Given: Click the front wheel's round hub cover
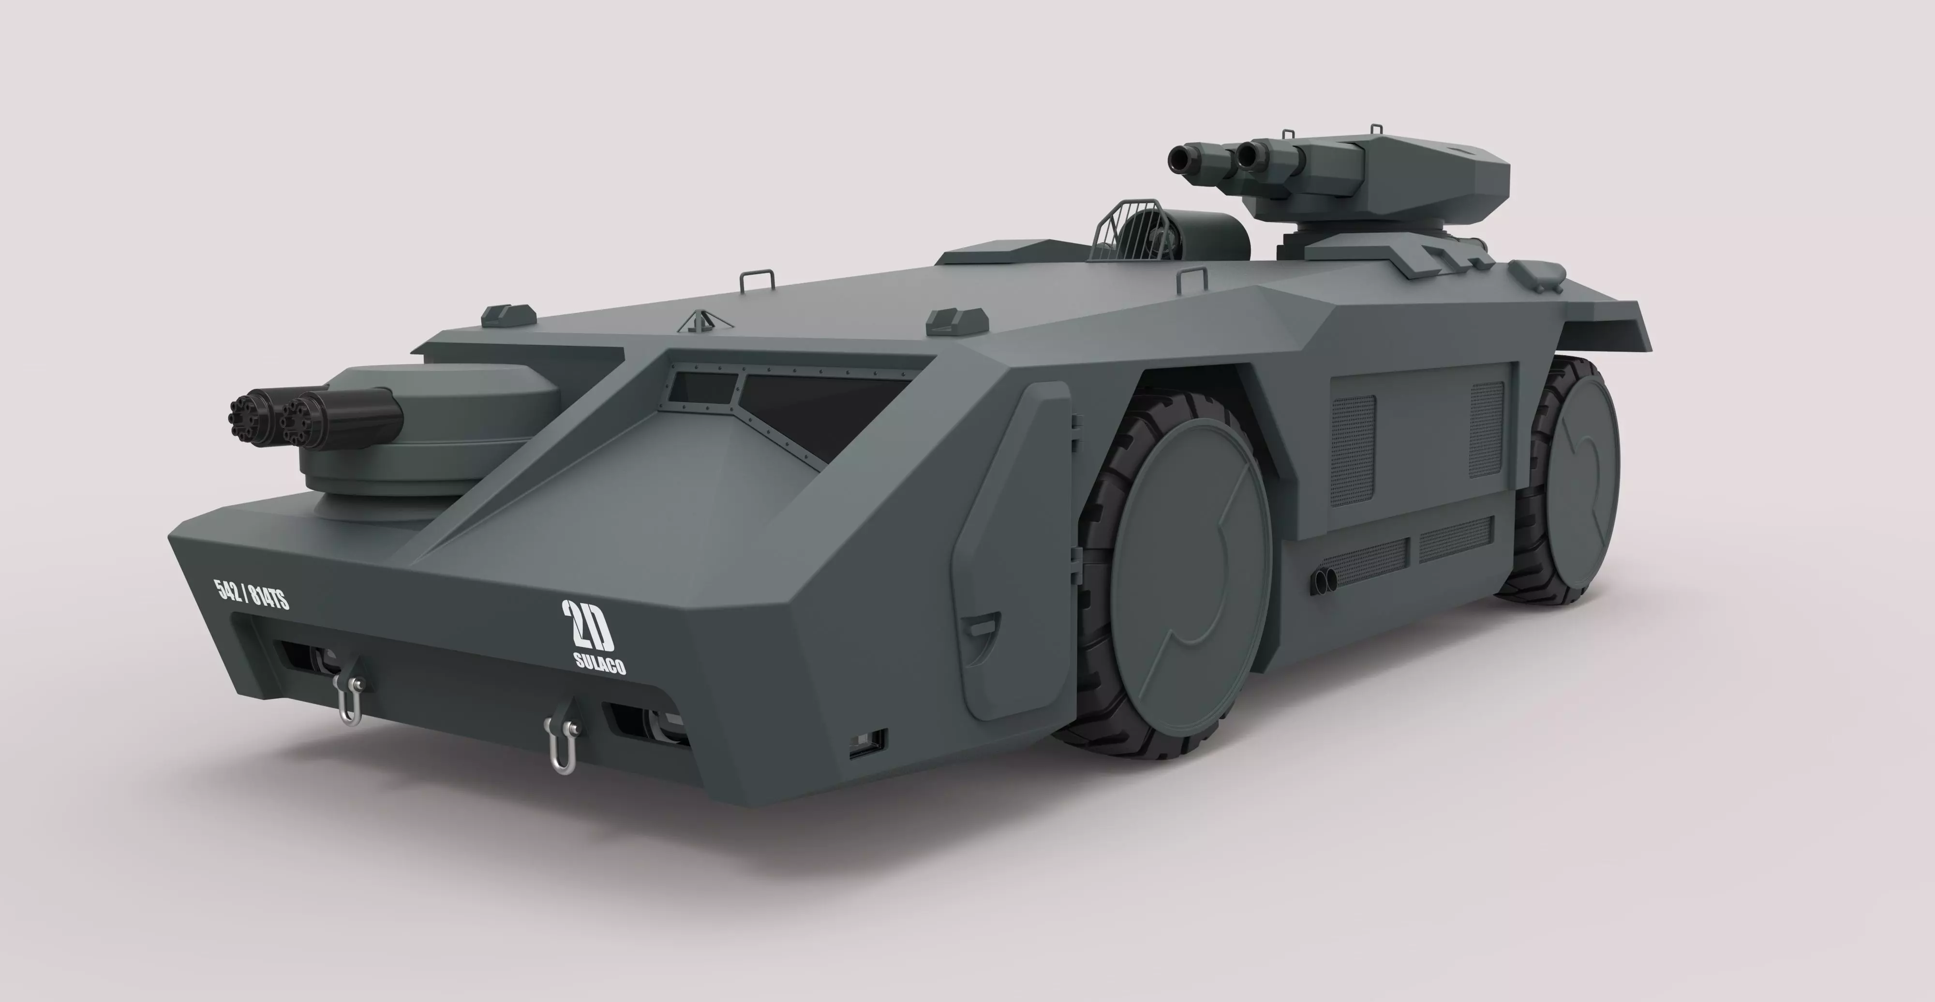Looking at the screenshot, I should coord(1189,575).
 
